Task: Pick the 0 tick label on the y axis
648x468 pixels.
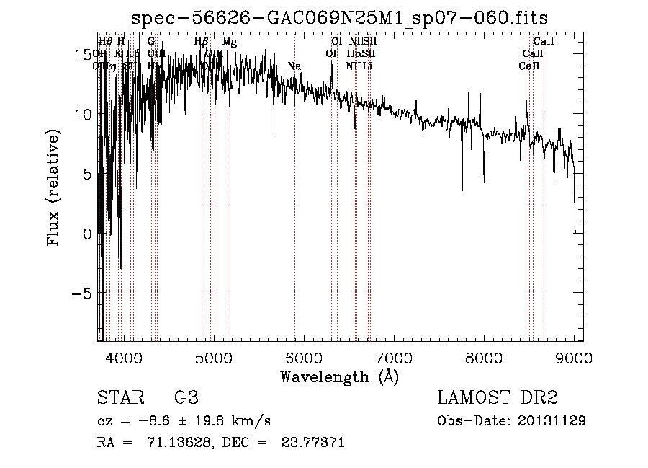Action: click(86, 234)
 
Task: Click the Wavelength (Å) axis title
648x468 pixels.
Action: click(339, 376)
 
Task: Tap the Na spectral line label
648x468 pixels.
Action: click(294, 66)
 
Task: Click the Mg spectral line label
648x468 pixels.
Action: click(229, 42)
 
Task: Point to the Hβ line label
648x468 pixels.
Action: click(202, 42)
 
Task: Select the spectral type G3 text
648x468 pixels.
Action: click(186, 398)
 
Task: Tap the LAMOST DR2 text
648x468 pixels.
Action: click(498, 398)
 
